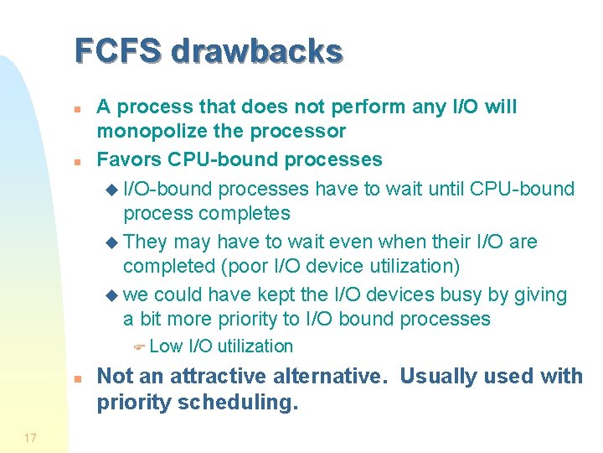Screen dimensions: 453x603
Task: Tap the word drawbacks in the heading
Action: click(x=257, y=51)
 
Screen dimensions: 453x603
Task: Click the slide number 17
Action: click(x=30, y=438)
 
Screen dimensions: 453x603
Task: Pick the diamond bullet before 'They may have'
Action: click(x=115, y=242)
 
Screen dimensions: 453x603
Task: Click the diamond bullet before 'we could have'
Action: click(x=115, y=295)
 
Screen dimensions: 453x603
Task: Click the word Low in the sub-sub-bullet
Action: click(x=166, y=346)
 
